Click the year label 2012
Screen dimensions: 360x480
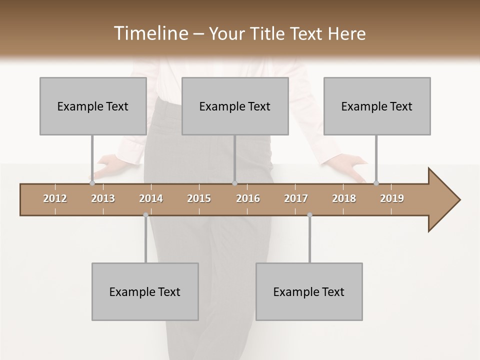(55, 198)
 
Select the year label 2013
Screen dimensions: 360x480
(103, 198)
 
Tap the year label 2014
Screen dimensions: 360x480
(151, 198)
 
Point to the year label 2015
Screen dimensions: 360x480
(199, 198)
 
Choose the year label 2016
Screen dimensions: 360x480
(248, 198)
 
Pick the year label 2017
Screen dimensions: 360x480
(296, 198)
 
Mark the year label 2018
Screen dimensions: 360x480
(344, 198)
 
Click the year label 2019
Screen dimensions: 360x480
(392, 198)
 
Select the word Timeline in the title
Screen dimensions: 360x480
(149, 33)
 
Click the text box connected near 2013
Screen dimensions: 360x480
(93, 106)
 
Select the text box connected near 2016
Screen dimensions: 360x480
(235, 106)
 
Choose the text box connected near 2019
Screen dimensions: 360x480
(377, 106)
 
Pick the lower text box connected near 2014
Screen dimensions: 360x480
(145, 291)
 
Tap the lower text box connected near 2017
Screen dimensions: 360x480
(309, 291)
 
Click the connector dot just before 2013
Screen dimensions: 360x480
(92, 183)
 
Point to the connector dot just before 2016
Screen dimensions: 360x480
(234, 183)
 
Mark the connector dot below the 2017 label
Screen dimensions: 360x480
(309, 215)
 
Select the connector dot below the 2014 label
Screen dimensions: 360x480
(145, 215)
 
